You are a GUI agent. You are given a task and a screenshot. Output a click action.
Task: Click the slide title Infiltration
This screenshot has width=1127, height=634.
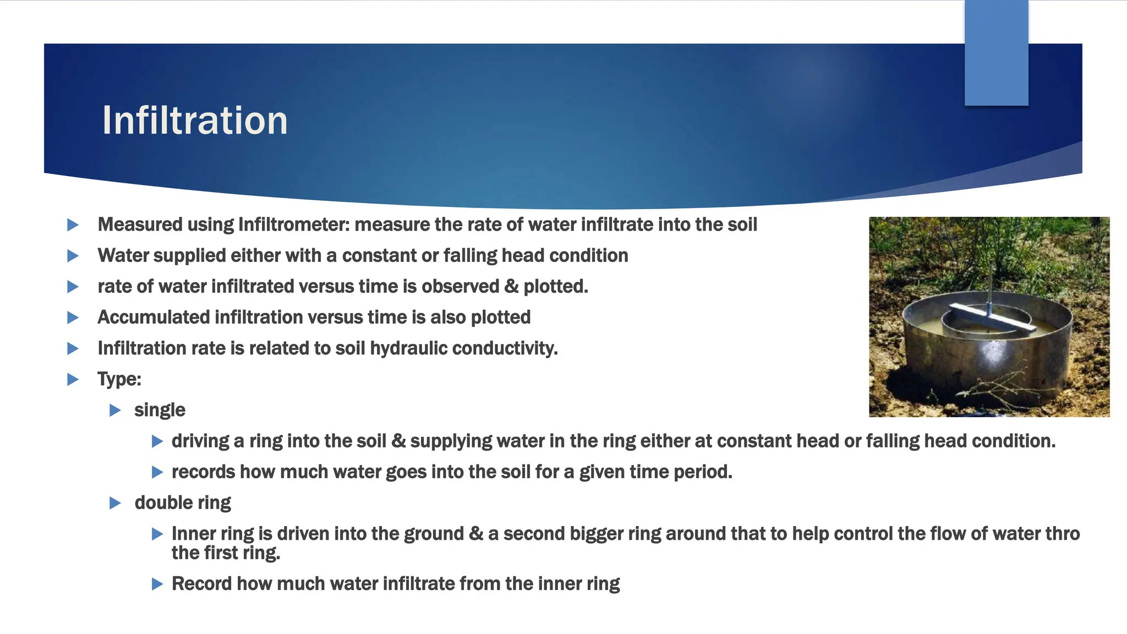click(x=195, y=121)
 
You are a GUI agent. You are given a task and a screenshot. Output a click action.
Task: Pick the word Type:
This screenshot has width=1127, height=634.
click(x=119, y=379)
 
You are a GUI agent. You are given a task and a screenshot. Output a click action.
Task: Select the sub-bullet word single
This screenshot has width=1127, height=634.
click(x=160, y=410)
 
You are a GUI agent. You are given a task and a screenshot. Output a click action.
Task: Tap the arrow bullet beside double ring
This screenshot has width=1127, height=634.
click(x=115, y=502)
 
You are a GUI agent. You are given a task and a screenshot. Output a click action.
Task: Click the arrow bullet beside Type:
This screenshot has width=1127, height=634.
click(x=73, y=379)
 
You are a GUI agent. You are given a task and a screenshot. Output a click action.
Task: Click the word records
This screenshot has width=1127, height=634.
click(x=203, y=472)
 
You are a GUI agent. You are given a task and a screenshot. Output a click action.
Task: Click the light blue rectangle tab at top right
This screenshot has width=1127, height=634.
click(x=996, y=52)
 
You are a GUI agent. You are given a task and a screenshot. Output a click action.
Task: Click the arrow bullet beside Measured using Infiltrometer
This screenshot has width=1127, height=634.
click(x=73, y=225)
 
